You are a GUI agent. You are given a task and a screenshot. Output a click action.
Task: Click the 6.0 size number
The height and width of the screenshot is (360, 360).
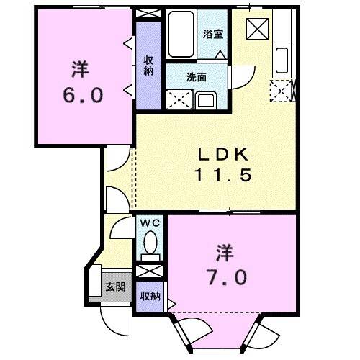[79, 95]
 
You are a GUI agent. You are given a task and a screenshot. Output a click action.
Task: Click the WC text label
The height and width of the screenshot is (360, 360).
[150, 223]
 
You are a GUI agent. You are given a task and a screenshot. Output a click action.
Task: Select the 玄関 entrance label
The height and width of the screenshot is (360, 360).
[115, 286]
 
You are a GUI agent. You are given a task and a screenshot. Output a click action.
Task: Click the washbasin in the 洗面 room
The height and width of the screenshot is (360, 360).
[205, 99]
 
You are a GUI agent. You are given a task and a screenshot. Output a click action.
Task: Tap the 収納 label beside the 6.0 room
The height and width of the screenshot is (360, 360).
[148, 65]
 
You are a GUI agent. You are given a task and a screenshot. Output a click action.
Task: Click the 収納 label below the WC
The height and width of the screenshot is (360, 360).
[150, 297]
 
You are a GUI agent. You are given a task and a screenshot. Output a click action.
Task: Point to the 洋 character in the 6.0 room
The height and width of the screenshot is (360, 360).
[79, 71]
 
